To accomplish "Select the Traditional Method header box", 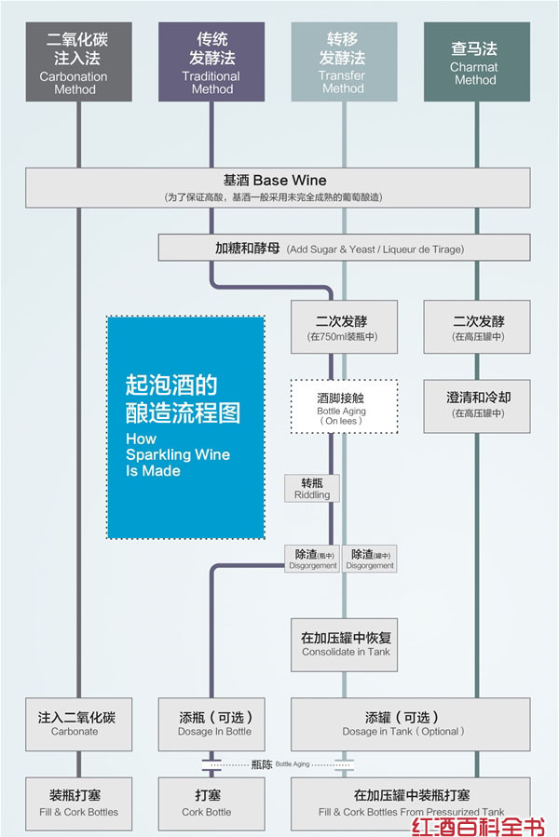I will coord(211,61).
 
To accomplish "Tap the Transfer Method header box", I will coord(343,61).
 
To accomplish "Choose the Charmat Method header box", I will coord(475,61).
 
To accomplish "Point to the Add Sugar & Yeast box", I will coord(344,249).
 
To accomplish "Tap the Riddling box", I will coord(312,489).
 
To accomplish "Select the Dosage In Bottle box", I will coord(214,723).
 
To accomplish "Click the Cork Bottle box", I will coord(207,803).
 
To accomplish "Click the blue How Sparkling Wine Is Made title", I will coord(185,426).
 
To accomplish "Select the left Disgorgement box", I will coord(312,559).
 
